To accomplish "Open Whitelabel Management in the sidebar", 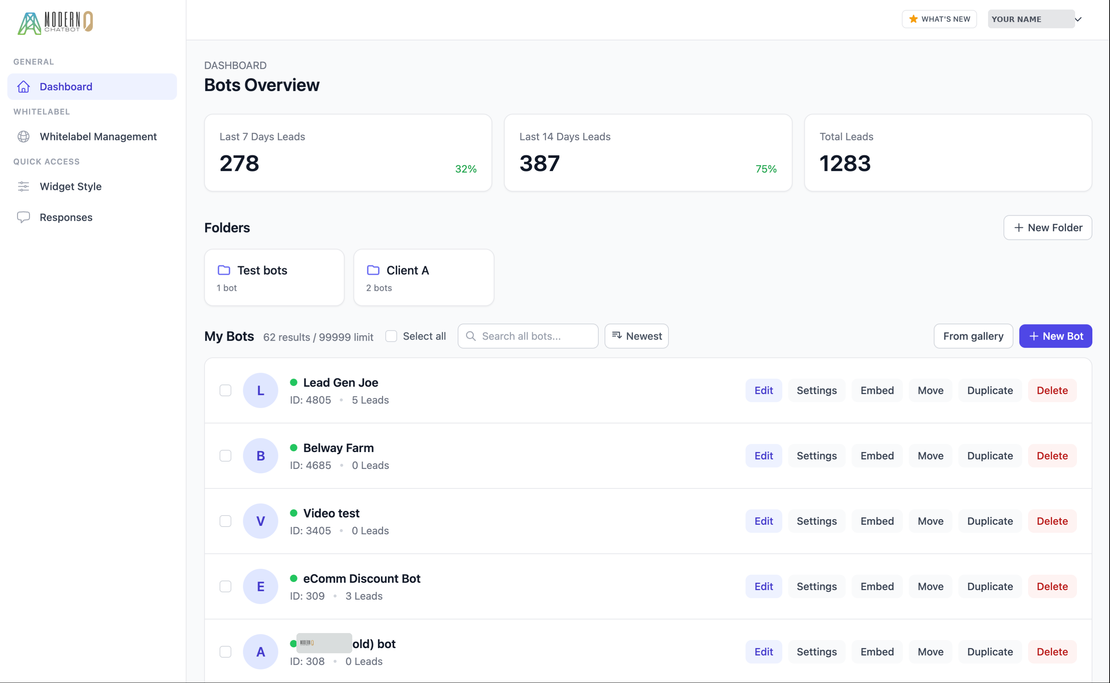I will pos(98,137).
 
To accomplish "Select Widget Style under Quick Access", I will pos(71,187).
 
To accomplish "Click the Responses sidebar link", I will pos(66,217).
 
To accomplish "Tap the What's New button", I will pos(939,19).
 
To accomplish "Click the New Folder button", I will pos(1047,228).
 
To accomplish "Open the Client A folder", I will pos(423,277).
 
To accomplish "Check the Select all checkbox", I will pos(391,336).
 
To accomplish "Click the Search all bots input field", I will pos(533,336).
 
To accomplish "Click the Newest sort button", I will pos(636,336).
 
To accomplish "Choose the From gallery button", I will pos(973,336).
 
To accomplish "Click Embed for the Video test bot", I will pos(876,521).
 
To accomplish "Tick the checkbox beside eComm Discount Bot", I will pos(226,586).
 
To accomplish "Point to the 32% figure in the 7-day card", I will pos(465,169).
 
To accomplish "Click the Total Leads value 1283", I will pos(844,163).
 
